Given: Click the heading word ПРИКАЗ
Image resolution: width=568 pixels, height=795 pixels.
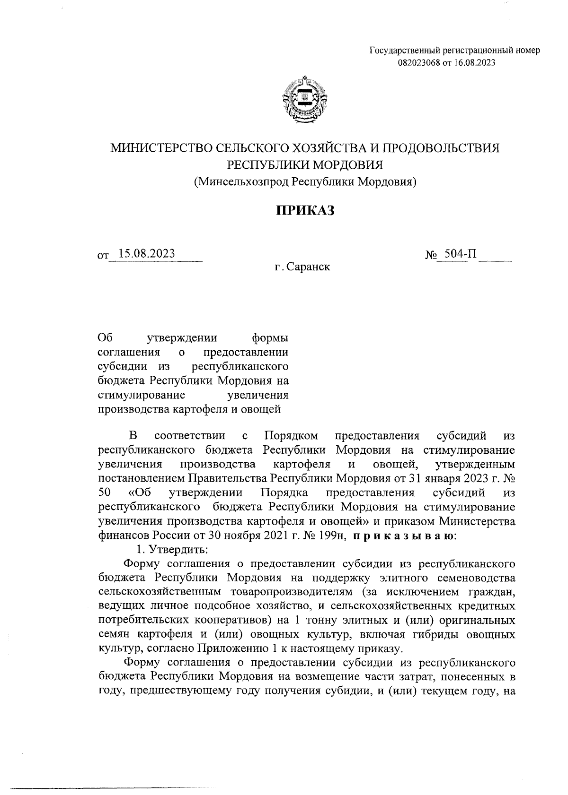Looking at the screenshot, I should [305, 211].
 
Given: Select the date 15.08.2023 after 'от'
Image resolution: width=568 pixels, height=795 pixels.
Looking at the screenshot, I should [147, 254].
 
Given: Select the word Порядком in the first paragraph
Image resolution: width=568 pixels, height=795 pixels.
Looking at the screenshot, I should [291, 435].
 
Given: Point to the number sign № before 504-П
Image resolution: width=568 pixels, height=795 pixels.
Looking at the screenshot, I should [430, 256].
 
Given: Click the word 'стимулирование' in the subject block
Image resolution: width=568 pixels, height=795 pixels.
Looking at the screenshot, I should [141, 395].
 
